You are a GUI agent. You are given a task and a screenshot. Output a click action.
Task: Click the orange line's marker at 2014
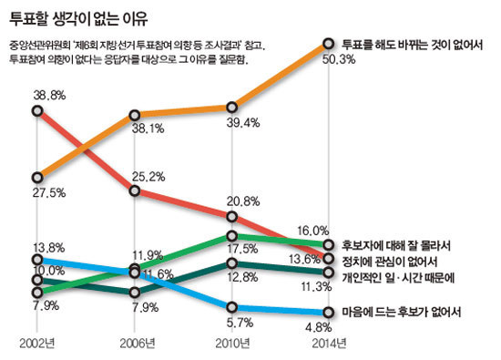[x=330, y=43]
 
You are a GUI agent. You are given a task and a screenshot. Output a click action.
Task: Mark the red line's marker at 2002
[x=37, y=111]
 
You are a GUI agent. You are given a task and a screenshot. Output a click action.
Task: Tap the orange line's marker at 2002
[x=37, y=177]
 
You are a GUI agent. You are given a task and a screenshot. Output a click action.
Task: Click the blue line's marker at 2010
[x=232, y=308]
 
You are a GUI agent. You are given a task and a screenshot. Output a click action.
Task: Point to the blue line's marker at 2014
[x=330, y=312]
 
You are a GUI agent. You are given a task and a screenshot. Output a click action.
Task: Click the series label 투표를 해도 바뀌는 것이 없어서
[x=410, y=43]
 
